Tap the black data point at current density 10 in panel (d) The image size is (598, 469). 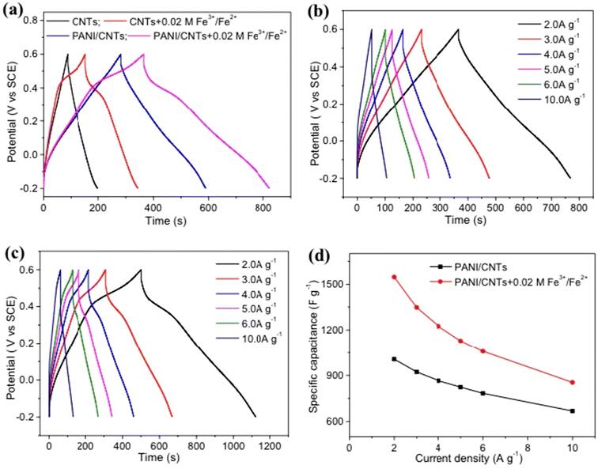572,410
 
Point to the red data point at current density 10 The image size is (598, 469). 572,382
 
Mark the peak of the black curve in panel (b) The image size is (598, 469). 457,30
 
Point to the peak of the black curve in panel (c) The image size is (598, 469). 141,270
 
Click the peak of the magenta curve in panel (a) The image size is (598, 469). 143,55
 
